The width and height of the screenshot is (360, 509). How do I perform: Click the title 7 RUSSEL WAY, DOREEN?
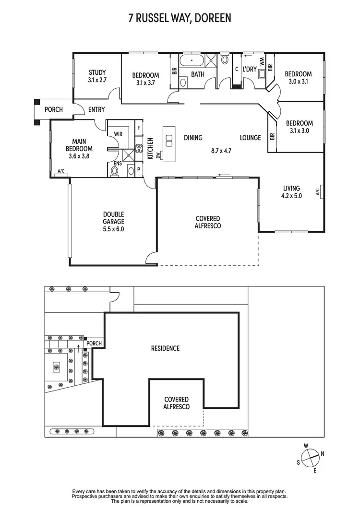pos(180,18)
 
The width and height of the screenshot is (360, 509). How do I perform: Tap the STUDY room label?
pos(97,77)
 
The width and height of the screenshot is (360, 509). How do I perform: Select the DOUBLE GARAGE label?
pos(113,222)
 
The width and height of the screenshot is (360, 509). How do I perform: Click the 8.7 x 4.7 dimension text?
pos(221,151)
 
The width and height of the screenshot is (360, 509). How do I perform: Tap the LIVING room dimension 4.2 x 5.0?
pos(291,196)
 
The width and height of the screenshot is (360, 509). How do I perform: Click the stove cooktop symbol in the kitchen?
pos(139,149)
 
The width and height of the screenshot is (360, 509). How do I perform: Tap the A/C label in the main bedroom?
pos(61,171)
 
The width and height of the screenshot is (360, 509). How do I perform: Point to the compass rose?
pos(310,454)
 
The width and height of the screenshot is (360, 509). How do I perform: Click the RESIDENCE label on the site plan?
pos(165,348)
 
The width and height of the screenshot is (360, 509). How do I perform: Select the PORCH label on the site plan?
pos(94,343)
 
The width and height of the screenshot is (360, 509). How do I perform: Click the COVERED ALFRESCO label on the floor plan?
pos(208,222)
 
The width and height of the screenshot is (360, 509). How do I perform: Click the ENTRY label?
pos(96,110)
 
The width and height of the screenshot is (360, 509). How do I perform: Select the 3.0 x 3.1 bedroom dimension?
pos(298,82)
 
